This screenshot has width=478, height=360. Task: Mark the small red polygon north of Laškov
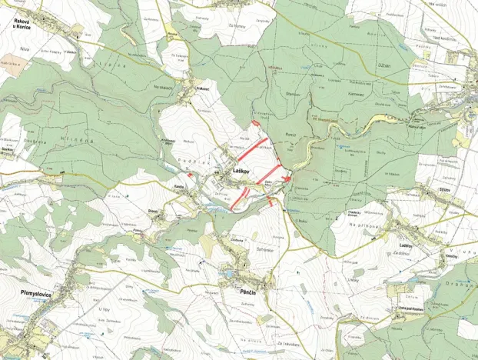click(255, 122)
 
